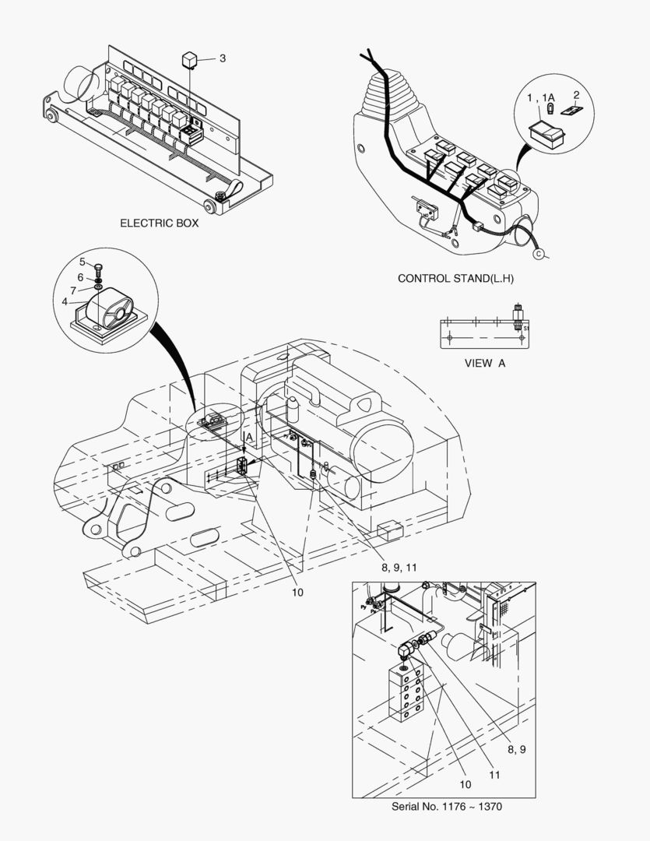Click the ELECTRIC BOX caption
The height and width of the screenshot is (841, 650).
159,223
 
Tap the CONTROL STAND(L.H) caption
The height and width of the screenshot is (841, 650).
455,278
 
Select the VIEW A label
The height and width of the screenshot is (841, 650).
484,363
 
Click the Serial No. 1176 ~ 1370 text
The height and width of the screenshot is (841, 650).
451,807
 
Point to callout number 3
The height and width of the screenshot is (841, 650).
222,58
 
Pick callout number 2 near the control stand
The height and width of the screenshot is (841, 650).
577,95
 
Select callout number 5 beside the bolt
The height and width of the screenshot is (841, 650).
82,262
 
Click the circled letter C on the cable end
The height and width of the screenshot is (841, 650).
537,253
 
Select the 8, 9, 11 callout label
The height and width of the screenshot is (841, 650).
399,568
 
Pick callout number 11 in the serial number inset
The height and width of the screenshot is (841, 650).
494,775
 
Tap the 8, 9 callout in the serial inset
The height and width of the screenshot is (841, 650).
518,749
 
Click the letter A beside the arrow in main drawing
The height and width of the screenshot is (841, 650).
249,438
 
